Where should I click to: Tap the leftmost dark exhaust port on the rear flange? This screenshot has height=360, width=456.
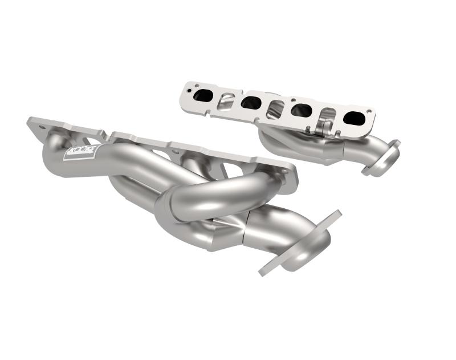(x=202, y=96)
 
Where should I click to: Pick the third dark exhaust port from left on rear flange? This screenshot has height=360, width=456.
(x=300, y=110)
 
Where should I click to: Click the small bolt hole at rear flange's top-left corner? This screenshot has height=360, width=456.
(x=185, y=86)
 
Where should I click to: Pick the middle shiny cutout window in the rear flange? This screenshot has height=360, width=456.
(x=275, y=108)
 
